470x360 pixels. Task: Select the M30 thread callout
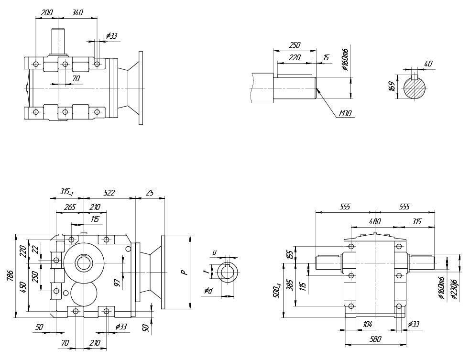(x=345, y=114)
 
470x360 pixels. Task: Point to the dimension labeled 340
(x=77, y=13)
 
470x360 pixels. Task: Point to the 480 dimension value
(x=374, y=221)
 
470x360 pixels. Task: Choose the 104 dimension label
(x=367, y=324)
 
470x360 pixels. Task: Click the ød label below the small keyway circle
(x=208, y=291)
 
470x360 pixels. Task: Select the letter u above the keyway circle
(x=215, y=253)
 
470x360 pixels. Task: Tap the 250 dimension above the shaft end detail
(x=295, y=45)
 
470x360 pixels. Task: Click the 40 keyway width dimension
(x=428, y=64)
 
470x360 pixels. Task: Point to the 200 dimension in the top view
(x=47, y=13)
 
